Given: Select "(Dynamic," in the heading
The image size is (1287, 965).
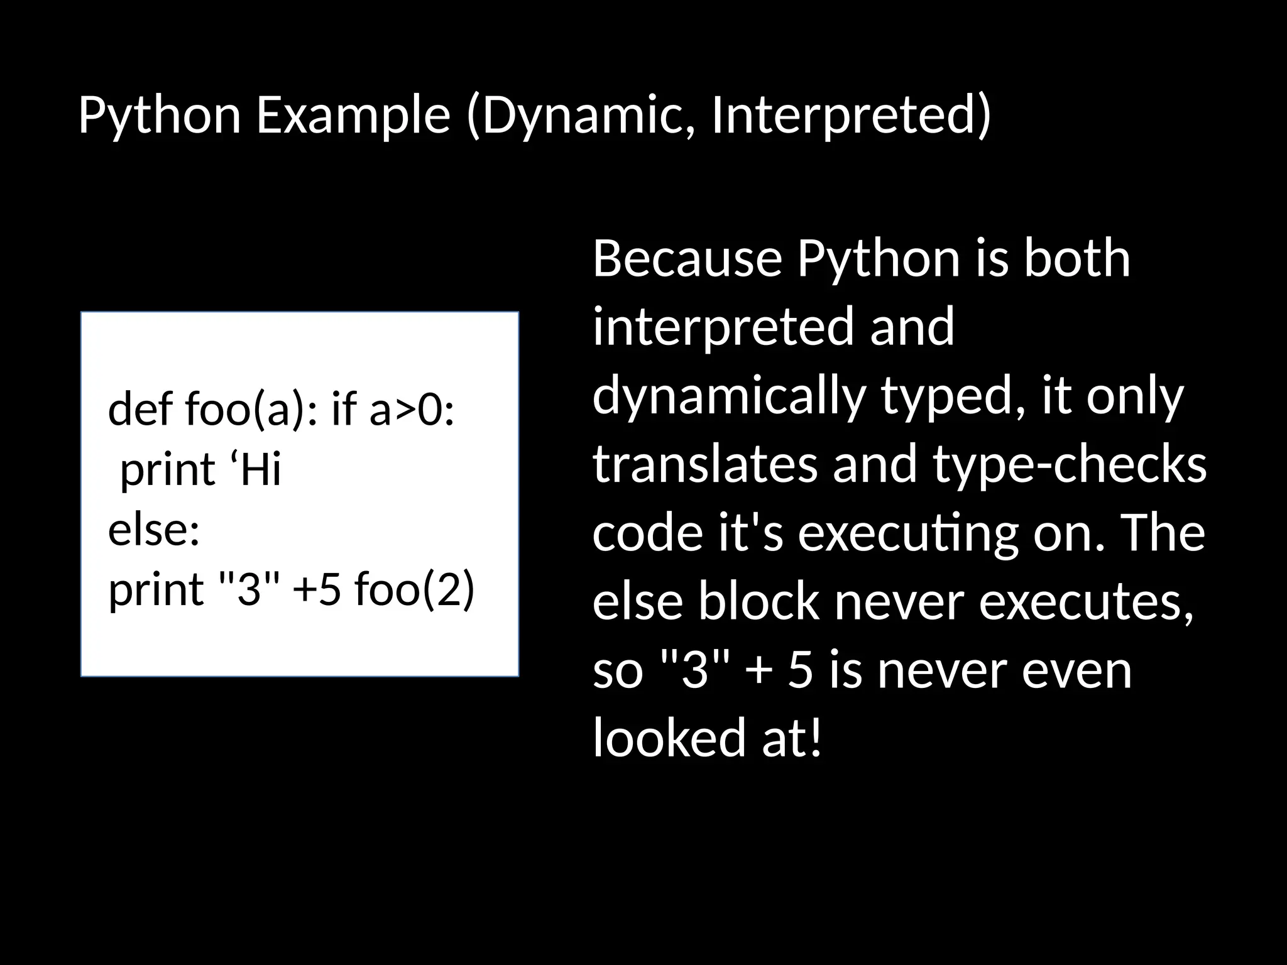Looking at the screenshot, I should click(x=580, y=116).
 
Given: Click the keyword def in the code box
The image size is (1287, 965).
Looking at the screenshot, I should click(x=140, y=410).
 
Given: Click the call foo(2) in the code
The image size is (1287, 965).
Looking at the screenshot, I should click(x=414, y=590).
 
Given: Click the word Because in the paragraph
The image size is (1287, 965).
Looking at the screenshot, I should click(x=687, y=258).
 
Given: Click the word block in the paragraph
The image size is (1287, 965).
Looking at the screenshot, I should click(x=759, y=601).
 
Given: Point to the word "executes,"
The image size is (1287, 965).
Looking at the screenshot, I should click(x=1087, y=601).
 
